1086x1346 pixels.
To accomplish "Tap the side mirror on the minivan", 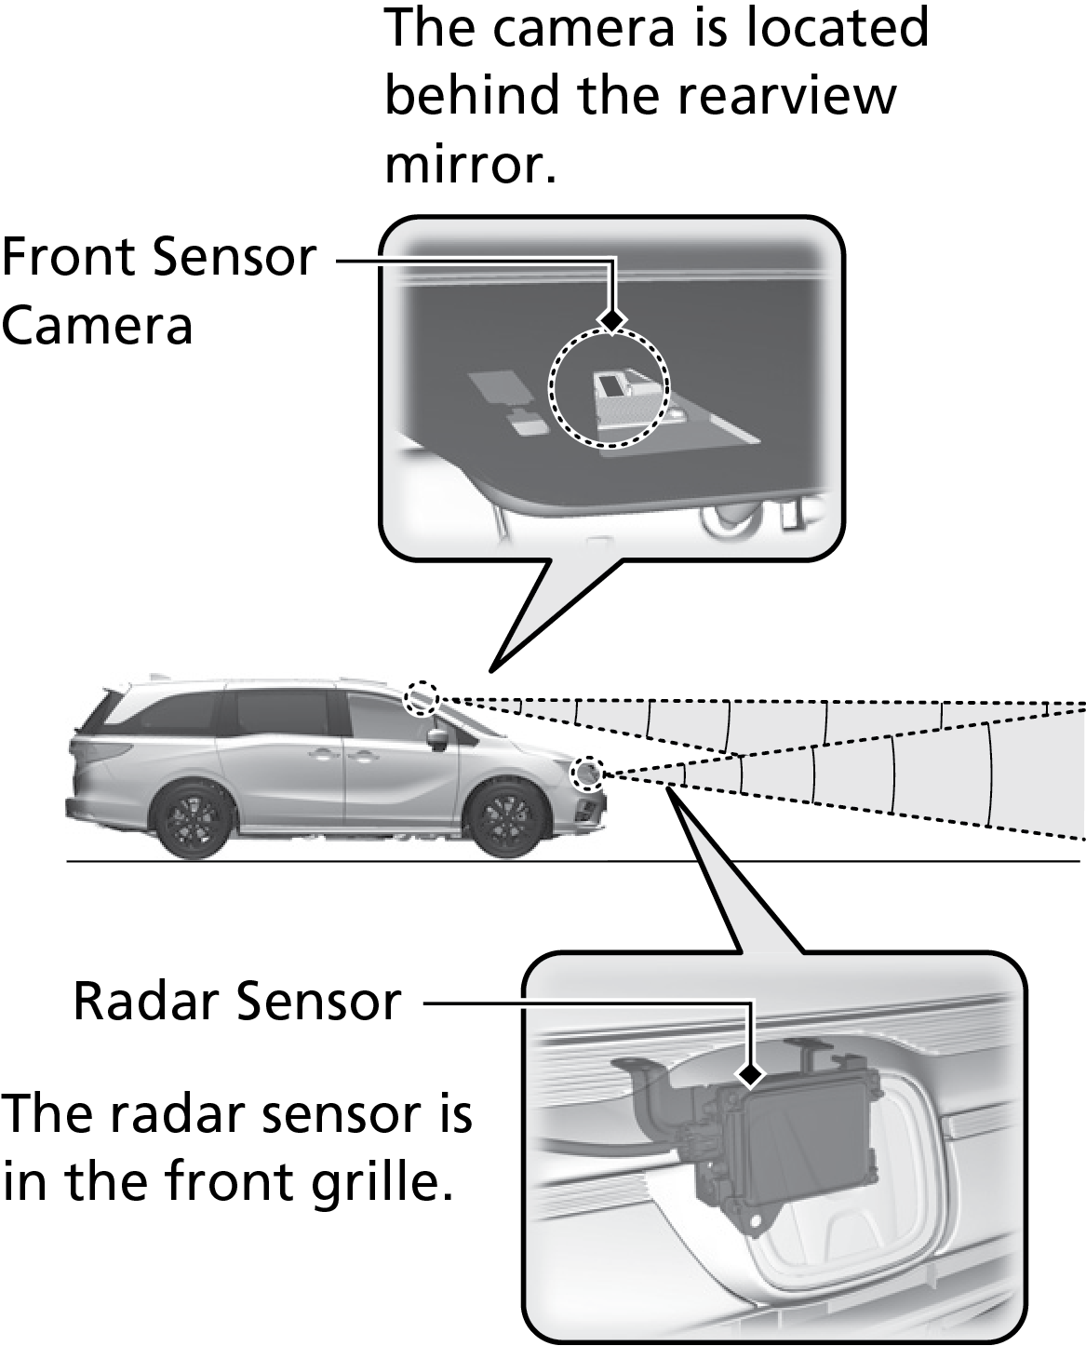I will click(x=436, y=738).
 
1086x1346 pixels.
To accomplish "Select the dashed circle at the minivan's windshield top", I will click(x=422, y=697).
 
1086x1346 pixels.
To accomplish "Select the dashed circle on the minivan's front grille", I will click(x=587, y=773).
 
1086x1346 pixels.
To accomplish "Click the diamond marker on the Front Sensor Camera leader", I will click(x=611, y=319).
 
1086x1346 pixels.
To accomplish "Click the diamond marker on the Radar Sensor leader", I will click(x=750, y=1076).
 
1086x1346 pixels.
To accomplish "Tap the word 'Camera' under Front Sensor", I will click(x=97, y=325).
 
